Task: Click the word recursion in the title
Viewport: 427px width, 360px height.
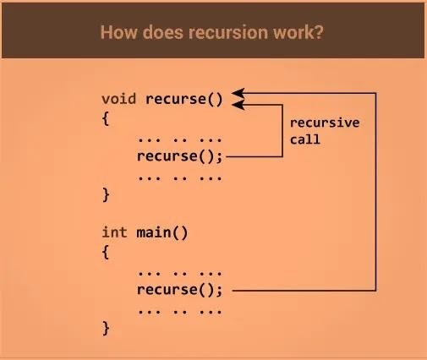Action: (228, 32)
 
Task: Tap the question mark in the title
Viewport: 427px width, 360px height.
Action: (319, 32)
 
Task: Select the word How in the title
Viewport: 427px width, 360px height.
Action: (119, 32)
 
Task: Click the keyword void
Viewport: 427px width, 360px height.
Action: (118, 99)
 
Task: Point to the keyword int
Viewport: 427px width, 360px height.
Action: (114, 232)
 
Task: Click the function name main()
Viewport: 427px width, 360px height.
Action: (162, 233)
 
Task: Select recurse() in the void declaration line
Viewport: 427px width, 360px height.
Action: (184, 100)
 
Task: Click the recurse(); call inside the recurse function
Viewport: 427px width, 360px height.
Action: (179, 156)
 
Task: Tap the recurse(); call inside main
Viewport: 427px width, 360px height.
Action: (179, 290)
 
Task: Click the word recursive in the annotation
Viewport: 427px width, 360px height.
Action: (325, 123)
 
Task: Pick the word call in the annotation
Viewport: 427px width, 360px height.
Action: (305, 139)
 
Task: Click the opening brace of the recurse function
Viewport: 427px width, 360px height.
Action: (106, 118)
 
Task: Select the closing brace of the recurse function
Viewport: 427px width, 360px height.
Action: (106, 195)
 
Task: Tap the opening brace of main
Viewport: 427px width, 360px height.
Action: (106, 252)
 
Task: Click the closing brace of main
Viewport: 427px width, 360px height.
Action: (106, 329)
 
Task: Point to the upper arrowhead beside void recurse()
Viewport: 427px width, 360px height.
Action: (238, 93)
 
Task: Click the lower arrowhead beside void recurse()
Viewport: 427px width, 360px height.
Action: (238, 105)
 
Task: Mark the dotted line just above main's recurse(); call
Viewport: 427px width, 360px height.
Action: (179, 274)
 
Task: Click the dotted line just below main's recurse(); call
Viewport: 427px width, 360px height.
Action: (179, 312)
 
